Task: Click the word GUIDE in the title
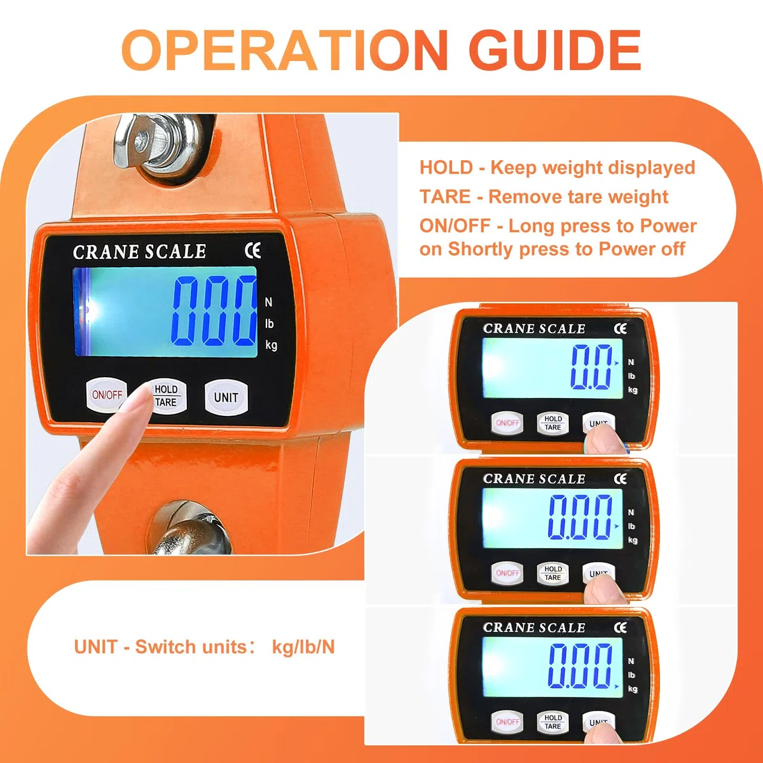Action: [x=557, y=50]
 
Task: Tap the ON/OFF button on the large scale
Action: [x=107, y=394]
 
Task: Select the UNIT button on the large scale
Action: [x=226, y=397]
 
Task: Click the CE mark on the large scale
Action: [x=252, y=251]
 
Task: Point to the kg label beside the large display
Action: [x=272, y=345]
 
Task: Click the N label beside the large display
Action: [x=268, y=303]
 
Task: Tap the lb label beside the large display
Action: [x=269, y=324]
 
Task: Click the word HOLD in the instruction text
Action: [x=446, y=167]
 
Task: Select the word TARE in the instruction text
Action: [x=445, y=196]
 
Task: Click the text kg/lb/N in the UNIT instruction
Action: [x=303, y=647]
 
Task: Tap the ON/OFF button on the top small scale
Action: [x=507, y=422]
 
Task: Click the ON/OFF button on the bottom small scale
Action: [x=507, y=722]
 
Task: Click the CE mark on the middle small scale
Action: [x=621, y=479]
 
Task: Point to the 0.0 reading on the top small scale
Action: [x=591, y=367]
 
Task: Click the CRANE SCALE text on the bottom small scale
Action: [x=533, y=628]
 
